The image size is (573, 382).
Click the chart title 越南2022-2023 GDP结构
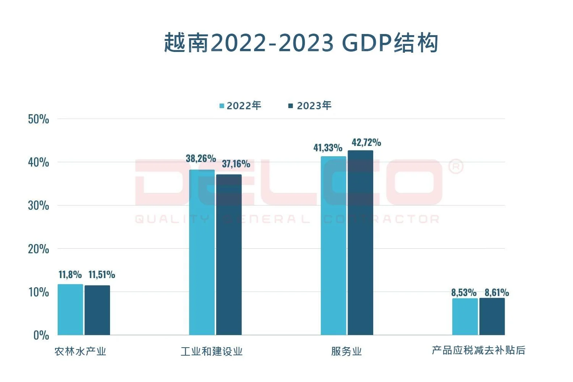coord(301,43)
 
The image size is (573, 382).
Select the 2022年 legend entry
coord(240,106)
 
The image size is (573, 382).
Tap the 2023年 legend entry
coord(310,106)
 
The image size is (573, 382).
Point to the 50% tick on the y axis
coord(39,119)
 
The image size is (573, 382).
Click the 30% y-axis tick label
coord(39,206)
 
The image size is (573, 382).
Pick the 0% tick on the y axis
coord(41,335)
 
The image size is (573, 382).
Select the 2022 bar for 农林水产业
coord(70,310)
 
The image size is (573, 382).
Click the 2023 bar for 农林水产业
coord(97,310)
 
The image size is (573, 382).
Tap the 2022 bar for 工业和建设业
coord(202,253)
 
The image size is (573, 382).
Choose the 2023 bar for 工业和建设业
coord(229,255)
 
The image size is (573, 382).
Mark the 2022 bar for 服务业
coord(333,246)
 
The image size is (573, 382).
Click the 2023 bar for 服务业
coord(360,243)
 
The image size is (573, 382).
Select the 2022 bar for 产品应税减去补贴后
coord(465,317)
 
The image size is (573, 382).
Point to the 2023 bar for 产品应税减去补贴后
coord(492,317)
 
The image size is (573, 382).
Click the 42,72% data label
coord(366,142)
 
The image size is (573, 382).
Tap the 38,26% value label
coord(201,159)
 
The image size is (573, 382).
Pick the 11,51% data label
coord(102,275)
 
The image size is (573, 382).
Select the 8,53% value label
coord(464,293)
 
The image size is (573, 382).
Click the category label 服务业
coord(346,351)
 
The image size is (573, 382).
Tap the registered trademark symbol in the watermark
coord(455,167)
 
